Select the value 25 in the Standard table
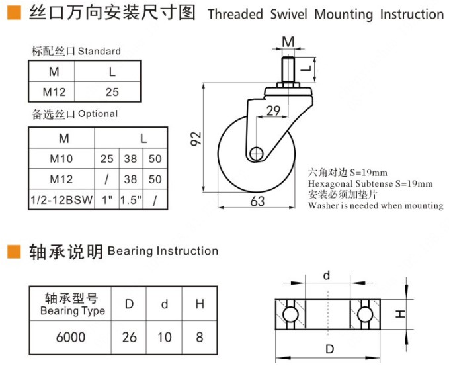[x=111, y=92]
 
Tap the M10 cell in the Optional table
[x=63, y=159]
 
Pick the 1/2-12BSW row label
[x=63, y=199]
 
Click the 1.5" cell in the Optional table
[x=130, y=199]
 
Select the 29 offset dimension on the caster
[x=273, y=111]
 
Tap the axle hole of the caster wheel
[x=257, y=153]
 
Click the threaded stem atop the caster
[x=288, y=68]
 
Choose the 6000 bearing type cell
[x=70, y=337]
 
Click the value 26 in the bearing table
[x=130, y=337]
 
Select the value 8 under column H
[x=199, y=337]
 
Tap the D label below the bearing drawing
[x=327, y=349]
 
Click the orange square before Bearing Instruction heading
[x=13, y=252]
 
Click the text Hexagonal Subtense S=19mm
[x=370, y=183]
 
